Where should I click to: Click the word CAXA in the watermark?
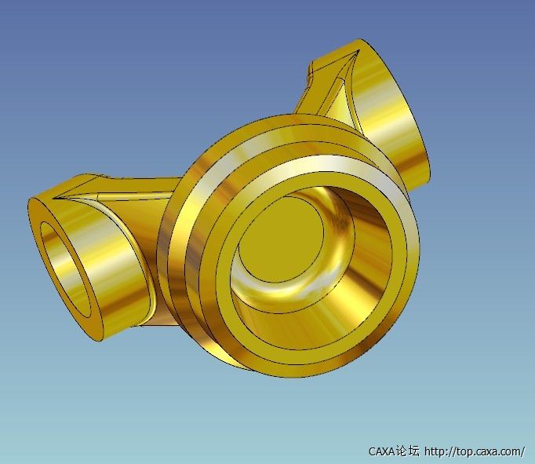pyautogui.click(x=381, y=451)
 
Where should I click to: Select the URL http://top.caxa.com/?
pyautogui.click(x=475, y=451)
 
